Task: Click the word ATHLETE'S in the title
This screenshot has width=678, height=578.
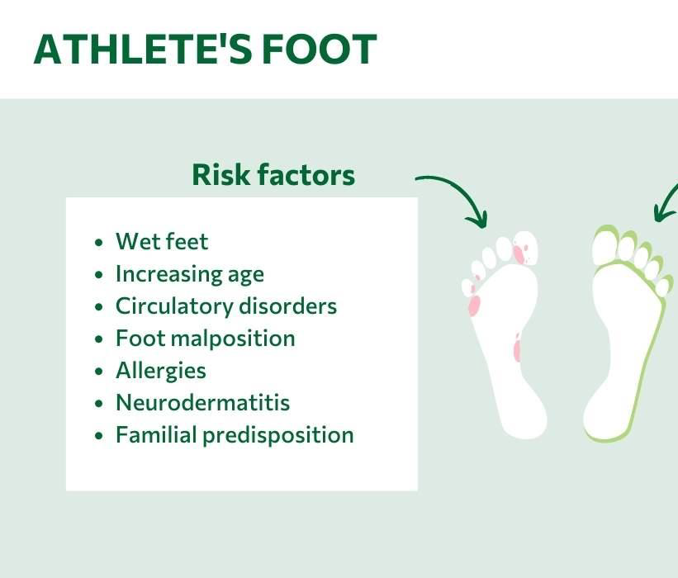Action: (143, 49)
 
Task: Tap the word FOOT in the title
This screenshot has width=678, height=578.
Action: (320, 49)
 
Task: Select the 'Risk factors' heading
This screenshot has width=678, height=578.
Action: (273, 175)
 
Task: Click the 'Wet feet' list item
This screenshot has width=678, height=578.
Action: (162, 241)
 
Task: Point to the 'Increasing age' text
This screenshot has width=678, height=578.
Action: (190, 274)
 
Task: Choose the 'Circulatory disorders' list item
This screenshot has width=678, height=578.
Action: (226, 306)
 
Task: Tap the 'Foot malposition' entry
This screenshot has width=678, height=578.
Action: (206, 338)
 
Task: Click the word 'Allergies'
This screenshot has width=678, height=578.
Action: (161, 371)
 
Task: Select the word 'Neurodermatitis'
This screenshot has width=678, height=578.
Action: (203, 402)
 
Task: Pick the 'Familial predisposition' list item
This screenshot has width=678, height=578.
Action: (235, 435)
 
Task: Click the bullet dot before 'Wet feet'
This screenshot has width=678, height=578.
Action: (99, 243)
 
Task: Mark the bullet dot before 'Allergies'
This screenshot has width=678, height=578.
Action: (99, 372)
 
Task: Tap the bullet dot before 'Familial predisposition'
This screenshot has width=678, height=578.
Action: (99, 436)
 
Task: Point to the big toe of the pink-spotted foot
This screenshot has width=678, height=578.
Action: (526, 248)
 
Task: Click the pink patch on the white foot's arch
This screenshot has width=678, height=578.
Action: (517, 348)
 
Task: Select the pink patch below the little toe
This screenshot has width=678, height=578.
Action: (474, 306)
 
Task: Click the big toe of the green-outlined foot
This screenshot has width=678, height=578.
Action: (606, 247)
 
